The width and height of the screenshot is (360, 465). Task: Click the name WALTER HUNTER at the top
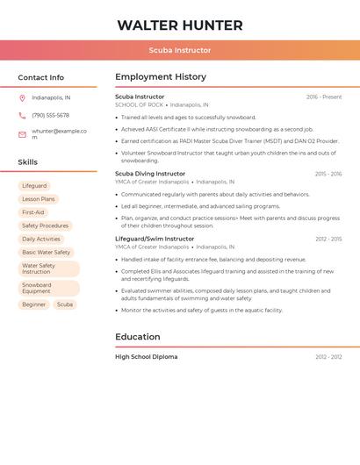point(180,25)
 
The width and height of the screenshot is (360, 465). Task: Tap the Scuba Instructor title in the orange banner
point(180,51)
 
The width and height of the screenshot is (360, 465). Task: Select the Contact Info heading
point(41,77)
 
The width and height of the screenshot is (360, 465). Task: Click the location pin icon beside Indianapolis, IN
point(22,98)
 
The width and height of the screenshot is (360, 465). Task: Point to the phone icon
point(22,116)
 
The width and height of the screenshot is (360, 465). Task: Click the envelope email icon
point(22,134)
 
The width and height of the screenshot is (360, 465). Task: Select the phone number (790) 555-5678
point(50,116)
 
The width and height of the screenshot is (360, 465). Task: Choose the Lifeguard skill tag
point(34,186)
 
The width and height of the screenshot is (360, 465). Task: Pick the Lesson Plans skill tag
point(38,199)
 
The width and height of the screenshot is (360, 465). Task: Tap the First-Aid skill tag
point(33,212)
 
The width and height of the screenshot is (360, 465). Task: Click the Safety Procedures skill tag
point(45,225)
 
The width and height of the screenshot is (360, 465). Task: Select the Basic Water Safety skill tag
point(46,252)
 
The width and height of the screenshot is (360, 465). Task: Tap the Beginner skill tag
point(34,304)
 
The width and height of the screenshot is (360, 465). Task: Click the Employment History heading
point(161,77)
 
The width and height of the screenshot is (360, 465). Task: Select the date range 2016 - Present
point(324,97)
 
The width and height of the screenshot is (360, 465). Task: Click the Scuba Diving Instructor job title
point(150,174)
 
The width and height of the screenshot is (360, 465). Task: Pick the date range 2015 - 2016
point(328,174)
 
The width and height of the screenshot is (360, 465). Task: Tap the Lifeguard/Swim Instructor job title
point(155,239)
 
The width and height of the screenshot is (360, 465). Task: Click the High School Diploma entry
point(147,357)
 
